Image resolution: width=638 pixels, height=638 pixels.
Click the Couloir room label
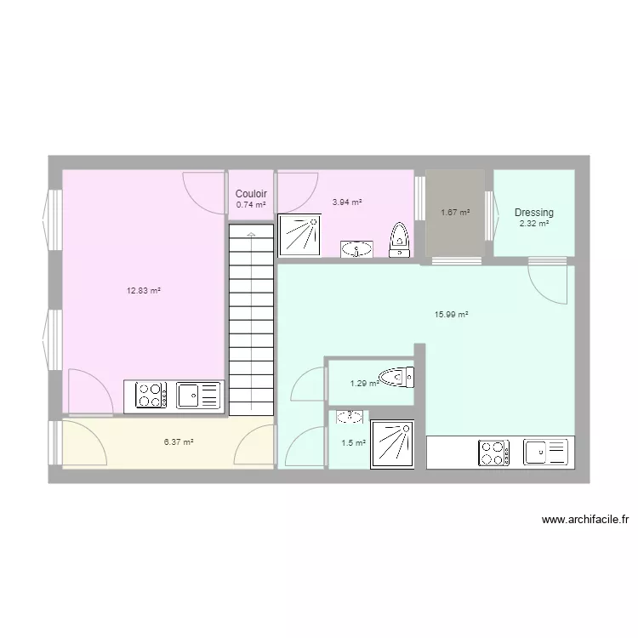pyautogui.click(x=251, y=194)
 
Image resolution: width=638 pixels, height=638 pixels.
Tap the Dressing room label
pyautogui.click(x=533, y=212)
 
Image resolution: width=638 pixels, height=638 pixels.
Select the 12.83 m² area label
pyautogui.click(x=144, y=291)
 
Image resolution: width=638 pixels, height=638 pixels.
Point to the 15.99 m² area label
pyautogui.click(x=452, y=315)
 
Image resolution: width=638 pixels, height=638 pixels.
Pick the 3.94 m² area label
pyautogui.click(x=347, y=202)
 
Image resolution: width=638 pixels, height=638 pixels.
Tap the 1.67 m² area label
pyautogui.click(x=455, y=213)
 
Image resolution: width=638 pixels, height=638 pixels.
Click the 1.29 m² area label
pyautogui.click(x=363, y=384)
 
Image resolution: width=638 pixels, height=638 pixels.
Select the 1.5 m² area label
pyautogui.click(x=353, y=443)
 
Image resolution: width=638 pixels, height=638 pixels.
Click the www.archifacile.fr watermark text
pyautogui.click(x=584, y=520)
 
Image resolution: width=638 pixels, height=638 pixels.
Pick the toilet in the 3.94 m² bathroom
pyautogui.click(x=398, y=240)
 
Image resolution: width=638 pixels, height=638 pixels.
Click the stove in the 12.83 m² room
pyautogui.click(x=151, y=396)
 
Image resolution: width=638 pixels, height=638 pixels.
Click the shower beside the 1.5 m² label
pyautogui.click(x=392, y=444)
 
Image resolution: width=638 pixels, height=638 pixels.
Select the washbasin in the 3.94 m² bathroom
pyautogui.click(x=356, y=248)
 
